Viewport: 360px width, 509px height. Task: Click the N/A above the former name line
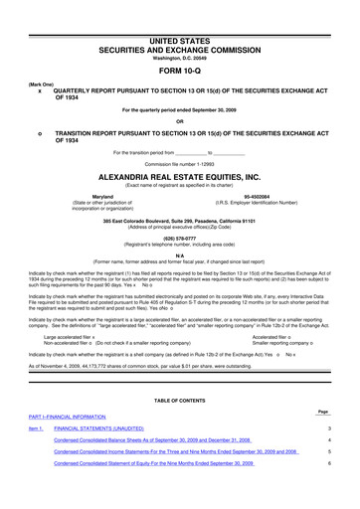tap(179, 254)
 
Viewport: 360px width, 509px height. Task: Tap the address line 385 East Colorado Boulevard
tap(179, 221)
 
